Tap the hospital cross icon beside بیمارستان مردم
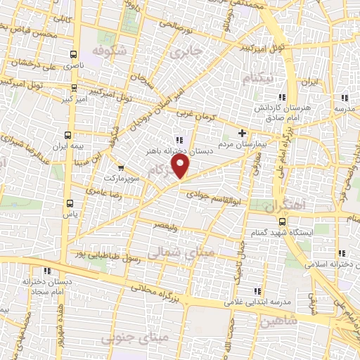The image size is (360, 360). click(243, 133)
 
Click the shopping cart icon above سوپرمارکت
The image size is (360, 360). click(121, 168)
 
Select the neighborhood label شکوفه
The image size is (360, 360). click(108, 51)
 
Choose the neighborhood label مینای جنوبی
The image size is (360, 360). click(126, 339)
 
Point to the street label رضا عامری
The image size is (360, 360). click(103, 190)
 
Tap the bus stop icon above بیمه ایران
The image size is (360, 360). click(67, 135)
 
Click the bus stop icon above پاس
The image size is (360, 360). click(68, 202)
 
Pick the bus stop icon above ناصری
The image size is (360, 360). click(73, 54)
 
